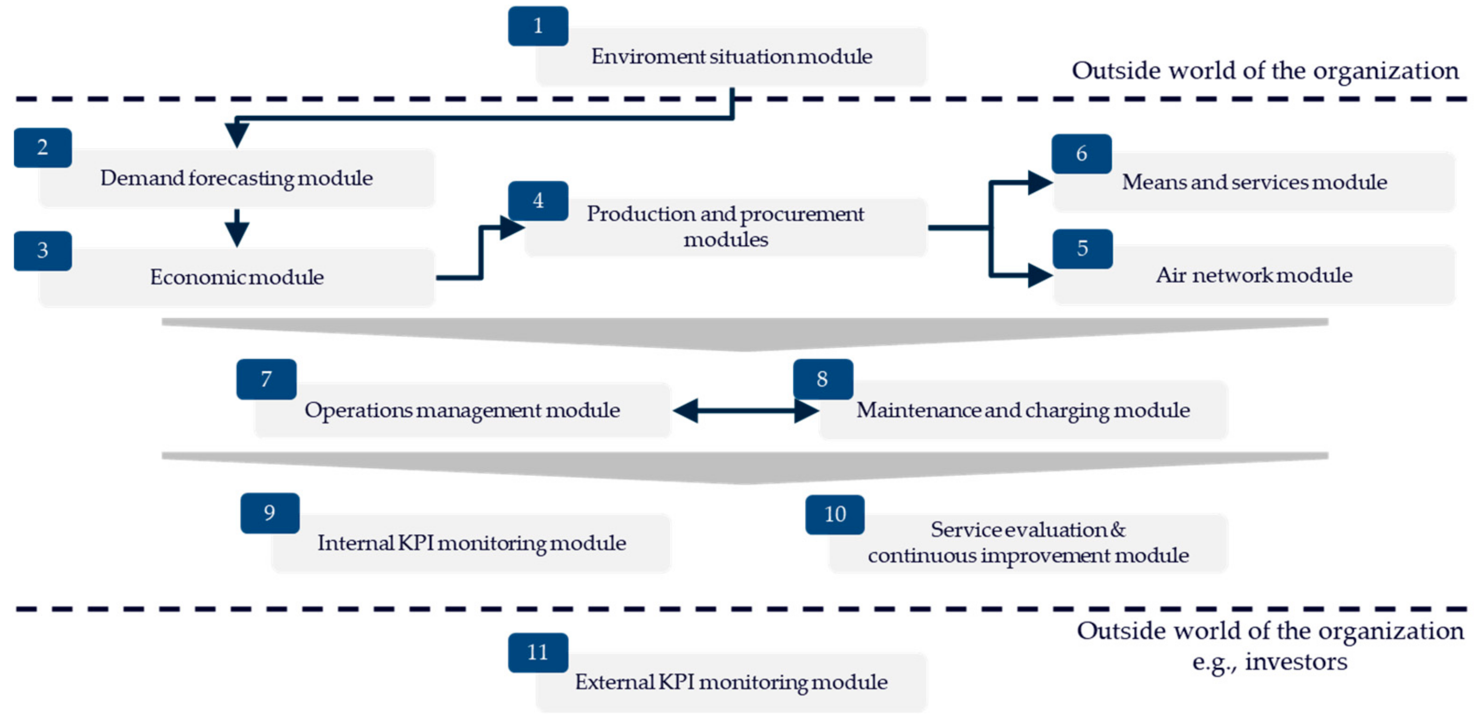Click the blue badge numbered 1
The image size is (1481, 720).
(x=538, y=26)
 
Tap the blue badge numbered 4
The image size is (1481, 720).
(x=538, y=201)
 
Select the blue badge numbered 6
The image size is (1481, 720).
(x=1081, y=153)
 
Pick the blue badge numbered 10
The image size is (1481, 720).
(x=835, y=514)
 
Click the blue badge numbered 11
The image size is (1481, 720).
(x=538, y=652)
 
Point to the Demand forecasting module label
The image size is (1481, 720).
(x=236, y=178)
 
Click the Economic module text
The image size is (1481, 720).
(x=236, y=277)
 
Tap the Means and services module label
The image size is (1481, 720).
(x=1254, y=182)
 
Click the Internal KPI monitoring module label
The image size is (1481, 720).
(x=472, y=543)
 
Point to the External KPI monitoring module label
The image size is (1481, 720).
(x=731, y=683)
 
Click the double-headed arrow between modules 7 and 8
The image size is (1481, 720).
(x=745, y=411)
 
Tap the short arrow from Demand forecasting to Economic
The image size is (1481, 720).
(x=236, y=228)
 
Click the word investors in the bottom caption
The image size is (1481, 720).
(x=1296, y=662)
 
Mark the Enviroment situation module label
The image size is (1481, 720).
(x=731, y=57)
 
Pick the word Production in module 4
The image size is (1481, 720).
(x=640, y=214)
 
